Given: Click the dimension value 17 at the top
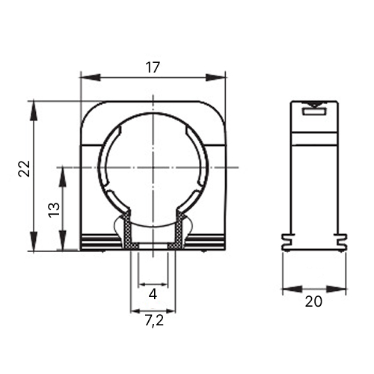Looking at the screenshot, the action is coord(153,67).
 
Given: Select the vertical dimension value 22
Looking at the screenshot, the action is coord(24,169).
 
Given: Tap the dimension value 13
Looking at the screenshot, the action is coord(55,210).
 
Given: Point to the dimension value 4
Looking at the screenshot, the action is coord(153,295).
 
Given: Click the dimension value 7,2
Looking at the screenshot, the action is coord(154,321).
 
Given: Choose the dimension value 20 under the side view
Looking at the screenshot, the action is coord(313,301).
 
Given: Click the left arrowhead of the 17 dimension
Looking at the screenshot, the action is coord(90,77).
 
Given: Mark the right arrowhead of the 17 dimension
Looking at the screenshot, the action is coord(215,78).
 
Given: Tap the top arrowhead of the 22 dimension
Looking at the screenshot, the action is coord(34,111).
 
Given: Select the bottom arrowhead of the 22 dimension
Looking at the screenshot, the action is coord(34,242).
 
